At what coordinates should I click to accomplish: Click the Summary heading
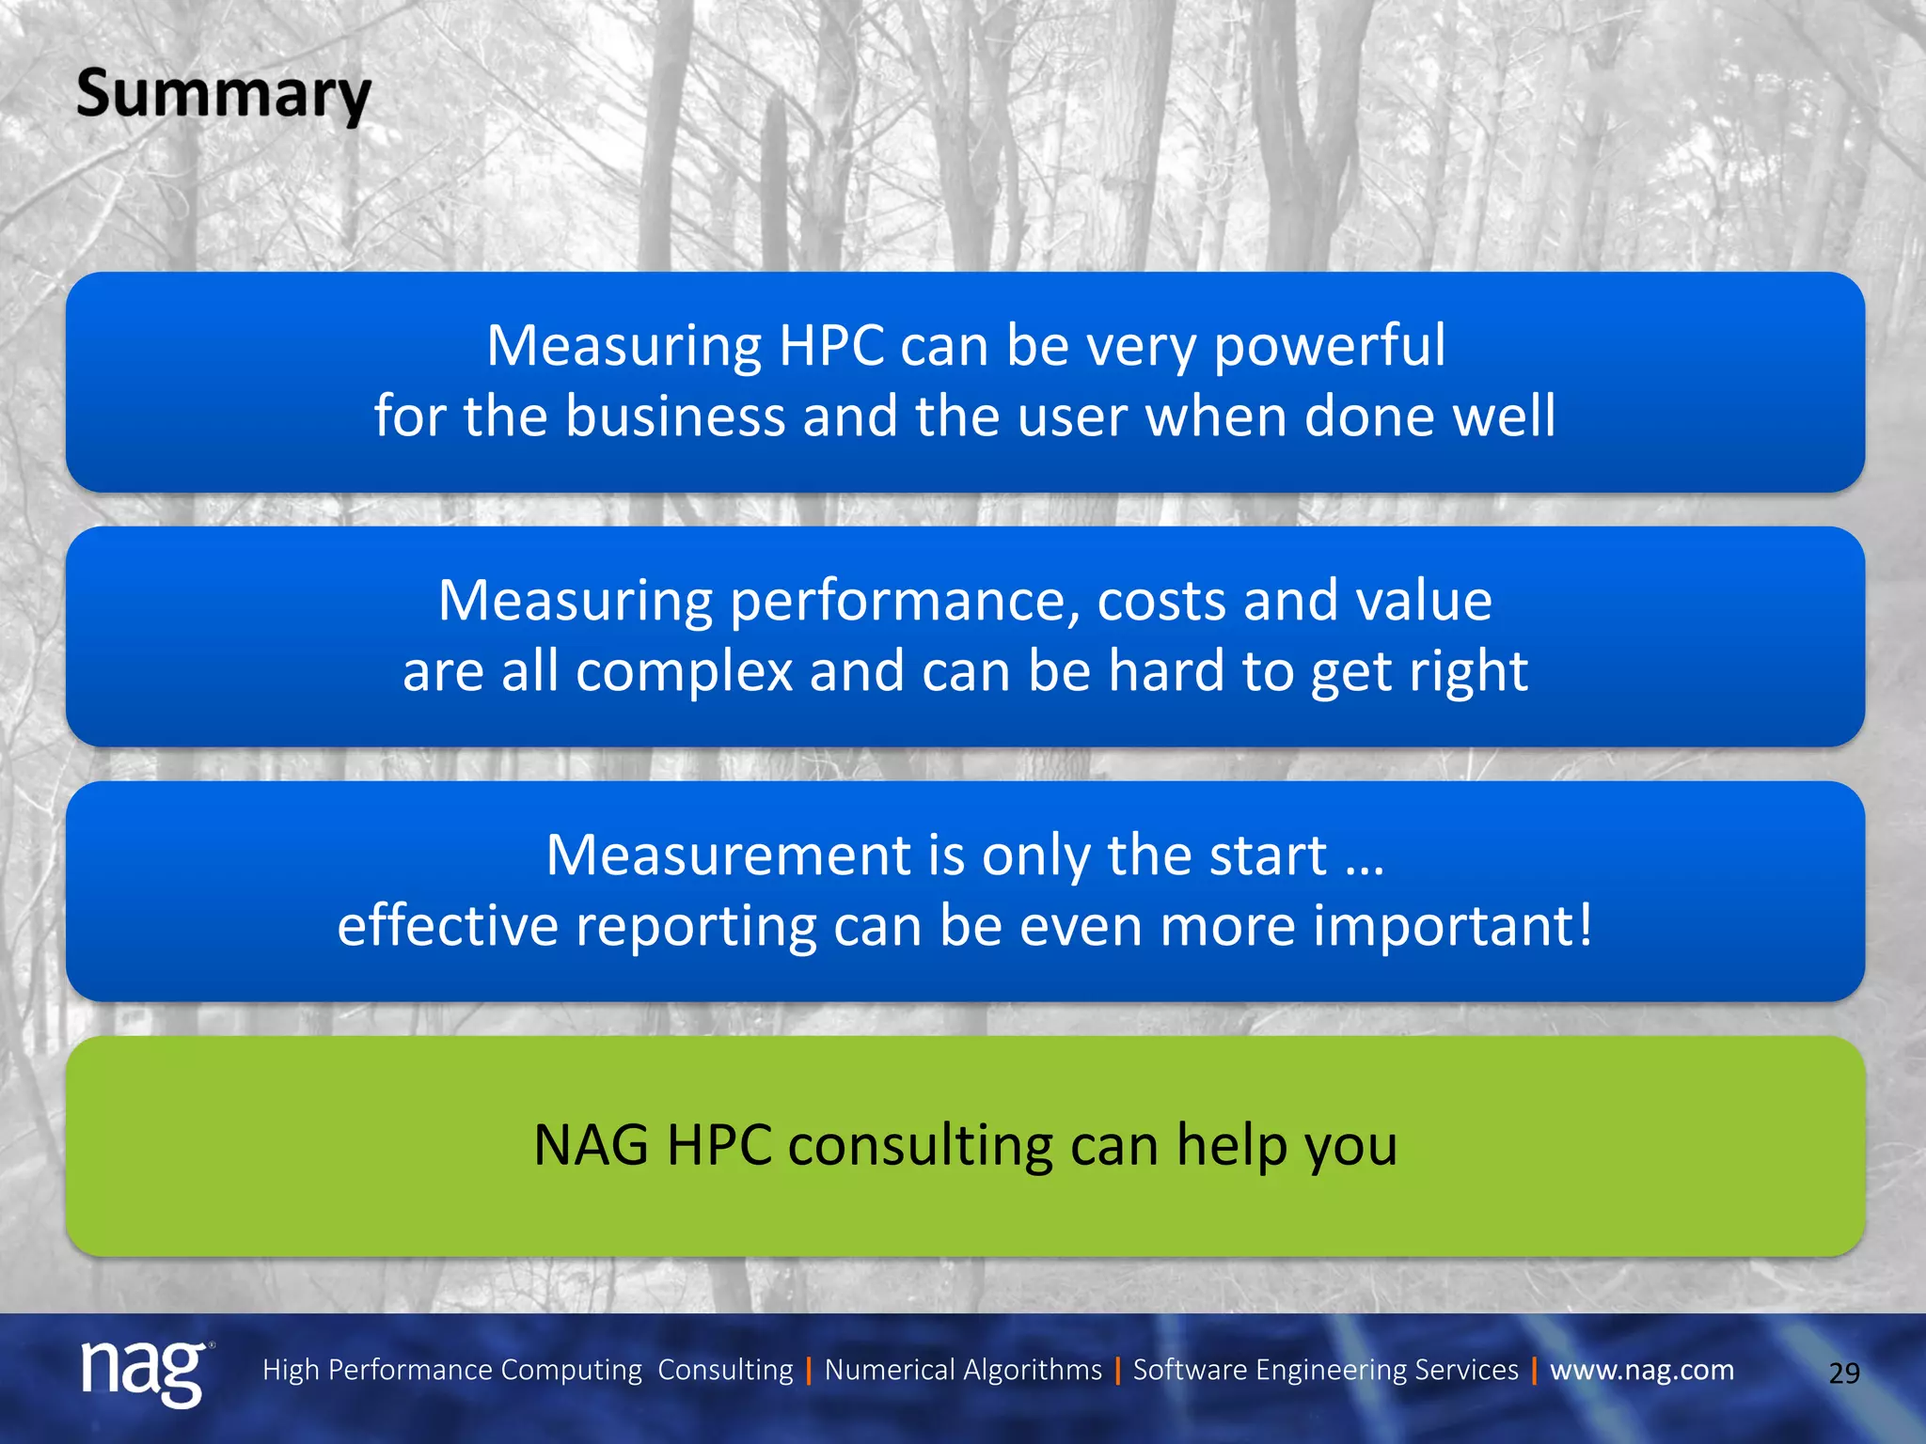[x=224, y=95]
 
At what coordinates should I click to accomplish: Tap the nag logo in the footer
[x=143, y=1372]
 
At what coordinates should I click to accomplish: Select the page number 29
[x=1844, y=1373]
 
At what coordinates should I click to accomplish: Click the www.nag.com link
[x=1642, y=1370]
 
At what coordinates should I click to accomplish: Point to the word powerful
[x=1329, y=346]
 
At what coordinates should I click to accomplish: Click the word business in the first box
[x=674, y=416]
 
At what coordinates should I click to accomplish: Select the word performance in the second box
[x=905, y=601]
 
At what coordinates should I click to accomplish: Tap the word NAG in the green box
[x=591, y=1146]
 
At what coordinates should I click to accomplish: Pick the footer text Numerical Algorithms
[x=963, y=1370]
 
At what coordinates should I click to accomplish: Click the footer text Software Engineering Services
[x=1325, y=1370]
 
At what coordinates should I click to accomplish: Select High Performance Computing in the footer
[x=451, y=1370]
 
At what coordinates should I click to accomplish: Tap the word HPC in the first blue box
[x=831, y=346]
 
